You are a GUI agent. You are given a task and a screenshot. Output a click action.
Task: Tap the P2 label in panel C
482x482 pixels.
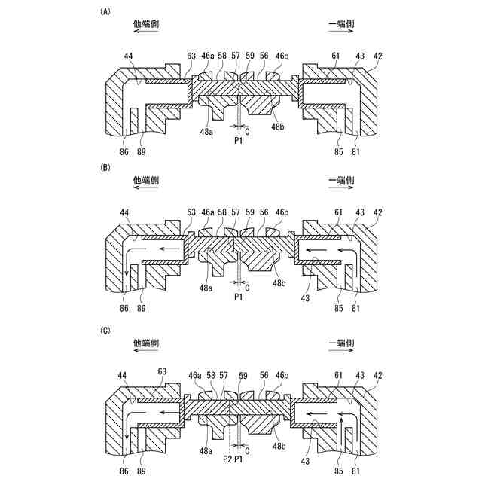pos(228,458)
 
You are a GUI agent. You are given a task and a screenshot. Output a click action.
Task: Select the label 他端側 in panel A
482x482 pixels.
pos(146,23)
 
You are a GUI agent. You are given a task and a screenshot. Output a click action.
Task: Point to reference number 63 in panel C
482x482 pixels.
pos(161,371)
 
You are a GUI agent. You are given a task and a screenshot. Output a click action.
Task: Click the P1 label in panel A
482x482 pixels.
pos(239,140)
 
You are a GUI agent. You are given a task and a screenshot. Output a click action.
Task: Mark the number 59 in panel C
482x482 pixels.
pos(243,375)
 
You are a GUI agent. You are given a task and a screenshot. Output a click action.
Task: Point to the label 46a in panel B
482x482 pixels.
pos(207,214)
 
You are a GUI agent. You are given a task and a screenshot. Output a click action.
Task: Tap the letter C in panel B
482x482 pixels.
pos(249,287)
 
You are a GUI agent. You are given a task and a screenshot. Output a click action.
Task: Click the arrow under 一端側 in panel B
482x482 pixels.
pos(341,191)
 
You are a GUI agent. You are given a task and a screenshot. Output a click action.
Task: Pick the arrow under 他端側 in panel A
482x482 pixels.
pos(146,33)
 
